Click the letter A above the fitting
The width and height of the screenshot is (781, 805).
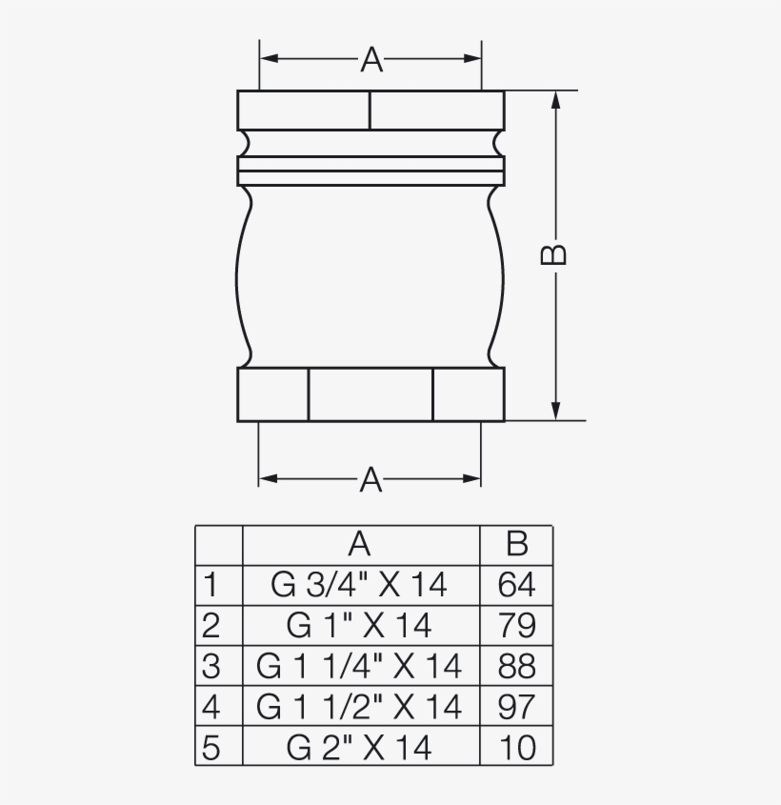coord(370,60)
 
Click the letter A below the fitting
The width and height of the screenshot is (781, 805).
coord(370,480)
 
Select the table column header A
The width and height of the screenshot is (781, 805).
coord(359,544)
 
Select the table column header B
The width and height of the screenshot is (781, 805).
coord(516,544)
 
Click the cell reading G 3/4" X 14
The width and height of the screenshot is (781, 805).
coord(359,584)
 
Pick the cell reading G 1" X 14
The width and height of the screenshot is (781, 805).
coord(359,625)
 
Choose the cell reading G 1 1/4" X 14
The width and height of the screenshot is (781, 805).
coord(359,666)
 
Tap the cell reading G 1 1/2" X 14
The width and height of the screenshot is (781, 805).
coord(359,707)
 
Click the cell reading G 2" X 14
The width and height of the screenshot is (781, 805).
coord(359,748)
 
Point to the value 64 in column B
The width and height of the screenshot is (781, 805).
coord(516,584)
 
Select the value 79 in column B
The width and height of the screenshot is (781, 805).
coord(516,625)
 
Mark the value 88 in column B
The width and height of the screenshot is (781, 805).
coord(516,666)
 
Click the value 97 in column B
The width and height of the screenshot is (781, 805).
coord(516,707)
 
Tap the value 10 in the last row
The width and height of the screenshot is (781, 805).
coord(516,748)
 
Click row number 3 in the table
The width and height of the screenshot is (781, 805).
coord(211,666)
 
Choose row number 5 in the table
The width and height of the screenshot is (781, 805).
coord(211,748)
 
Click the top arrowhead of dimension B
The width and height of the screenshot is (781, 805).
coord(555,100)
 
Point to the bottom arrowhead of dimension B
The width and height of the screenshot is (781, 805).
coord(555,411)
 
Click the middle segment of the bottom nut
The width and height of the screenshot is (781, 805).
coord(370,394)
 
